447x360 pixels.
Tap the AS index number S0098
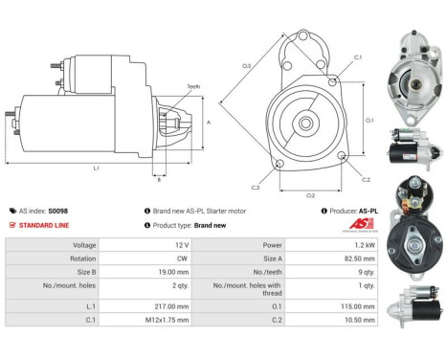(x=58, y=210)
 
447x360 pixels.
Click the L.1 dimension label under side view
(x=97, y=169)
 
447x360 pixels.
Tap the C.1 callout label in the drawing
(x=357, y=58)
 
